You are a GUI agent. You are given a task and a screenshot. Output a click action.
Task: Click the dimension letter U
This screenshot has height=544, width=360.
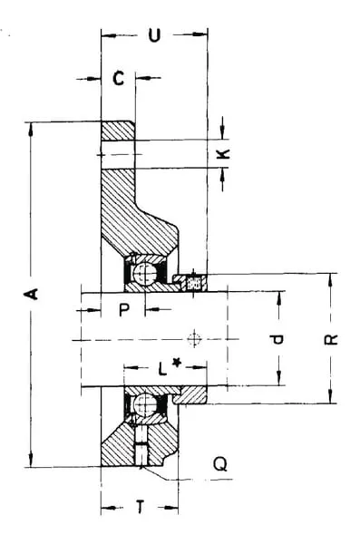click(154, 35)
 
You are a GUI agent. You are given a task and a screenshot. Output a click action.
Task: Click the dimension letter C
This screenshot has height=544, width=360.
click(119, 78)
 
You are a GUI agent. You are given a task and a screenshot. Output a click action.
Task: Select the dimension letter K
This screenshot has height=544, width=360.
click(223, 154)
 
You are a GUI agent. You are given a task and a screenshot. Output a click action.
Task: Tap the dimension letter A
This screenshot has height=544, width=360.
click(31, 294)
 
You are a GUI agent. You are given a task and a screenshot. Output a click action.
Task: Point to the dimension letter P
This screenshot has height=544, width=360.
click(124, 309)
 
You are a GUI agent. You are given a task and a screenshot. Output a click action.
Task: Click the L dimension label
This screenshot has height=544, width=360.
click(162, 368)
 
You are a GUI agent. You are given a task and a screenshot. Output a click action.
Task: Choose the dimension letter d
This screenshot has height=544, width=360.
click(277, 339)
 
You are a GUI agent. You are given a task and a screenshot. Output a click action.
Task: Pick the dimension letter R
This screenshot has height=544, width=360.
click(331, 340)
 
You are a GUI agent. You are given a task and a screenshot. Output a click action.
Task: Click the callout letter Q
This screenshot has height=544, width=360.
click(220, 463)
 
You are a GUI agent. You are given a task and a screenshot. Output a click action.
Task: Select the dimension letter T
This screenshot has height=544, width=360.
click(140, 507)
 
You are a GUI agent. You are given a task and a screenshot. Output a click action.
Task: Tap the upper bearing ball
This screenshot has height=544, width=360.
click(145, 274)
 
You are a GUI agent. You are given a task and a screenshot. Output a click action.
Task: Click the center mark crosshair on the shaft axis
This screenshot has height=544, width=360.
click(194, 339)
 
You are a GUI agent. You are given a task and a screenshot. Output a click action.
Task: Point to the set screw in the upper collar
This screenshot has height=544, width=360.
click(194, 282)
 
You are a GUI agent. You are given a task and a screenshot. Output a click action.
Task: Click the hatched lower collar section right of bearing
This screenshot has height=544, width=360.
click(190, 394)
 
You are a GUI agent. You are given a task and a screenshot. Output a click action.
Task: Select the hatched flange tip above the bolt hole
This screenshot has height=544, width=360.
click(118, 131)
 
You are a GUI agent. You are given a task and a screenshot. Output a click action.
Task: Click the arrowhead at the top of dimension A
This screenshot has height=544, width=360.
click(31, 130)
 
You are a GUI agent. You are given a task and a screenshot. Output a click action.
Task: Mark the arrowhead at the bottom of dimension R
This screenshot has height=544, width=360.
click(330, 396)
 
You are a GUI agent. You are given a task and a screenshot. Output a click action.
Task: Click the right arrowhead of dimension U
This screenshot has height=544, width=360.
click(200, 34)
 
